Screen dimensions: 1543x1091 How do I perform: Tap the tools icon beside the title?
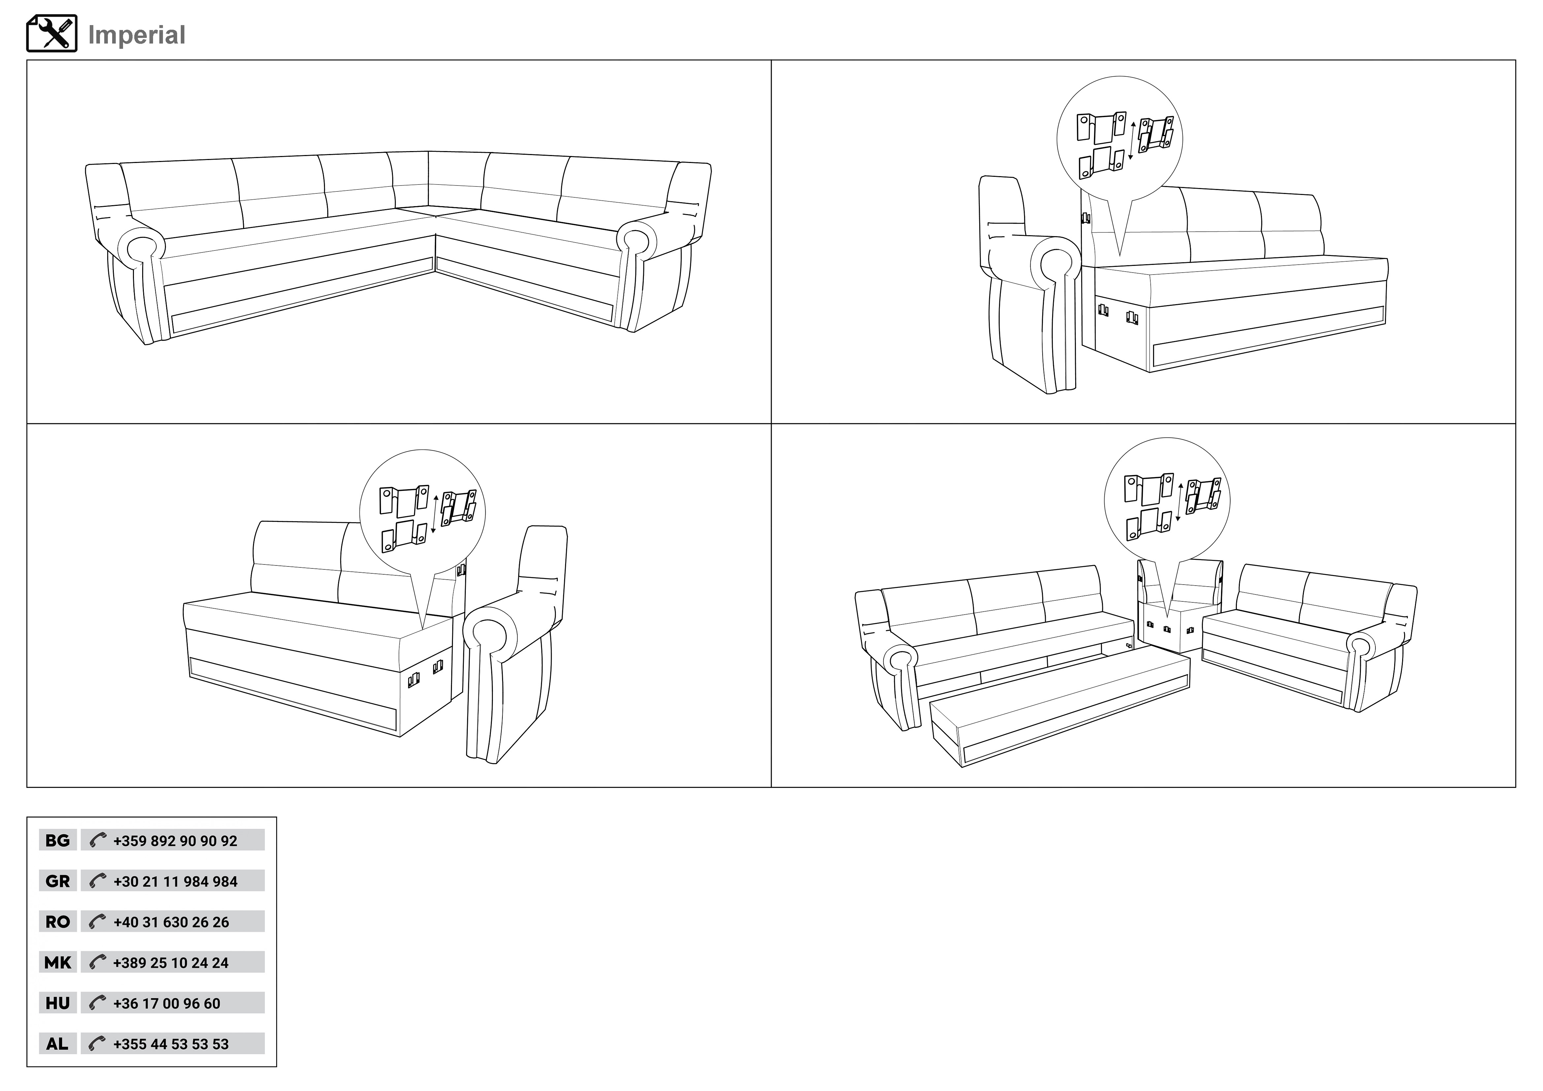52,34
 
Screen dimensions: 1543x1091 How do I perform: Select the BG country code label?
58,840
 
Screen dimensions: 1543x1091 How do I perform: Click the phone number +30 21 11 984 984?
176,881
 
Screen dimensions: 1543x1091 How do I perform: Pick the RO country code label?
58,922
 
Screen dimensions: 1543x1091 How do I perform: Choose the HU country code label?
58,1003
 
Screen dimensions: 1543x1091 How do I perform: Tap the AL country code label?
58,1044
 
